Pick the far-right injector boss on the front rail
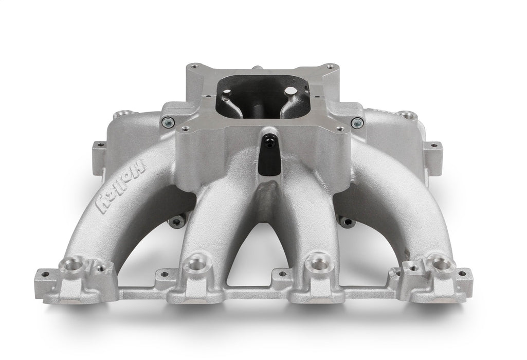441,263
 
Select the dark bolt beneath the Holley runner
175,222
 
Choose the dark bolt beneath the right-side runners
348,222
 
